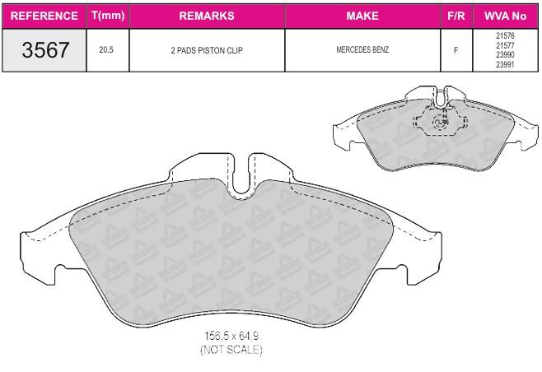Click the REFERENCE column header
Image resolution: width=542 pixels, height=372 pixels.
tap(44, 16)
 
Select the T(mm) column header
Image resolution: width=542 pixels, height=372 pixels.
tap(108, 16)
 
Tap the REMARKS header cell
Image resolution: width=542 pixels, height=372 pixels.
tap(207, 16)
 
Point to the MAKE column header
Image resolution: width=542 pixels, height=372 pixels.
tap(362, 16)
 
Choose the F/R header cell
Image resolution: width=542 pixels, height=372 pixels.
tap(456, 16)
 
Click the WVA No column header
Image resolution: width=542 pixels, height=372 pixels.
tap(506, 16)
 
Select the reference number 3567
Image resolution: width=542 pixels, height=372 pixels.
tap(45, 49)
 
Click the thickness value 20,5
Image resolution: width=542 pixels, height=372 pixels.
tap(106, 49)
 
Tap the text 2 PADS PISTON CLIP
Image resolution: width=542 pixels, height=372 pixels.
tap(207, 50)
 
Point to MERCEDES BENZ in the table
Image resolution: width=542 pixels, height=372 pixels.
tap(362, 49)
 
